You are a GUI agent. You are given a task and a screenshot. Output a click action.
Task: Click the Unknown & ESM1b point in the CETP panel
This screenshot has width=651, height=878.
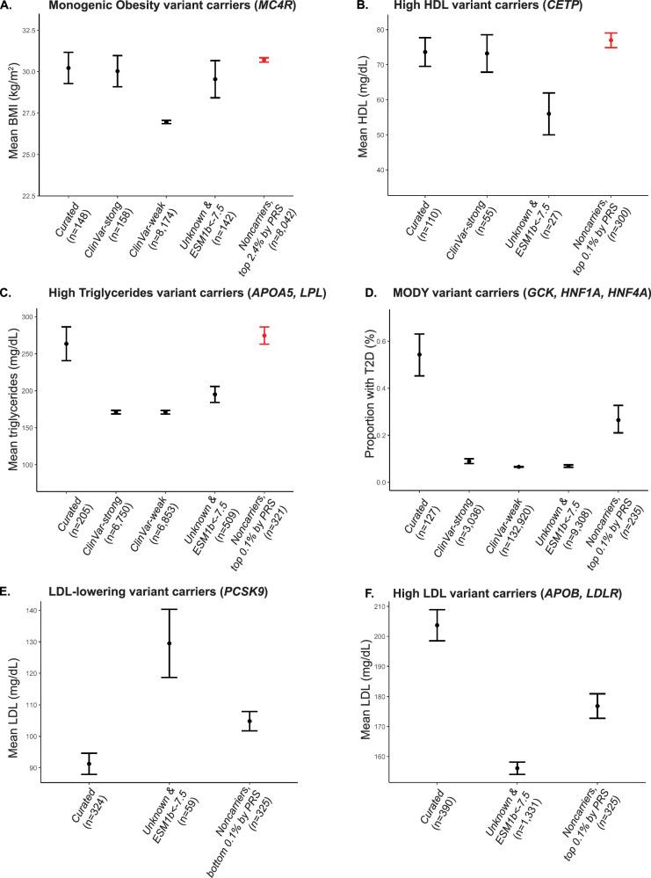point(549,113)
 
